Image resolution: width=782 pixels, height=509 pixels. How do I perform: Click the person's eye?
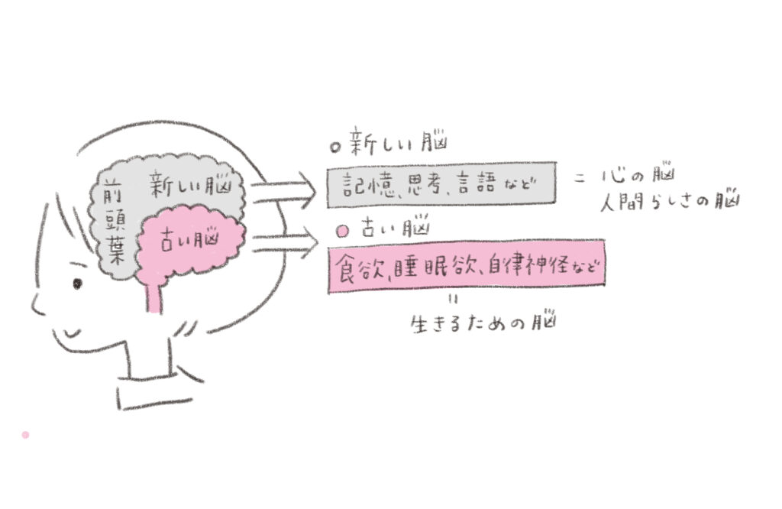pos(77,284)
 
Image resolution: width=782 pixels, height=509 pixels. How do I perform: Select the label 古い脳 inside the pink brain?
pos(189,241)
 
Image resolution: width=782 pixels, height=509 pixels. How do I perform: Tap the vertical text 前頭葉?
pos(114,224)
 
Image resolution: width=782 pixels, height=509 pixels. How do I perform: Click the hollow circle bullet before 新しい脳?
pos(335,147)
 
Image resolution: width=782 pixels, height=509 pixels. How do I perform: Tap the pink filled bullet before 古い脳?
pos(343,232)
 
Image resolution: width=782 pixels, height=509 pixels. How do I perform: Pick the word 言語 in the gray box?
pos(477,184)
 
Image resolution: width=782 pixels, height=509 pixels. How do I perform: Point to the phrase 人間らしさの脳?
pos(670,201)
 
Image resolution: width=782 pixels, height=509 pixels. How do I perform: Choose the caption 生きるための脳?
pos(483,323)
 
